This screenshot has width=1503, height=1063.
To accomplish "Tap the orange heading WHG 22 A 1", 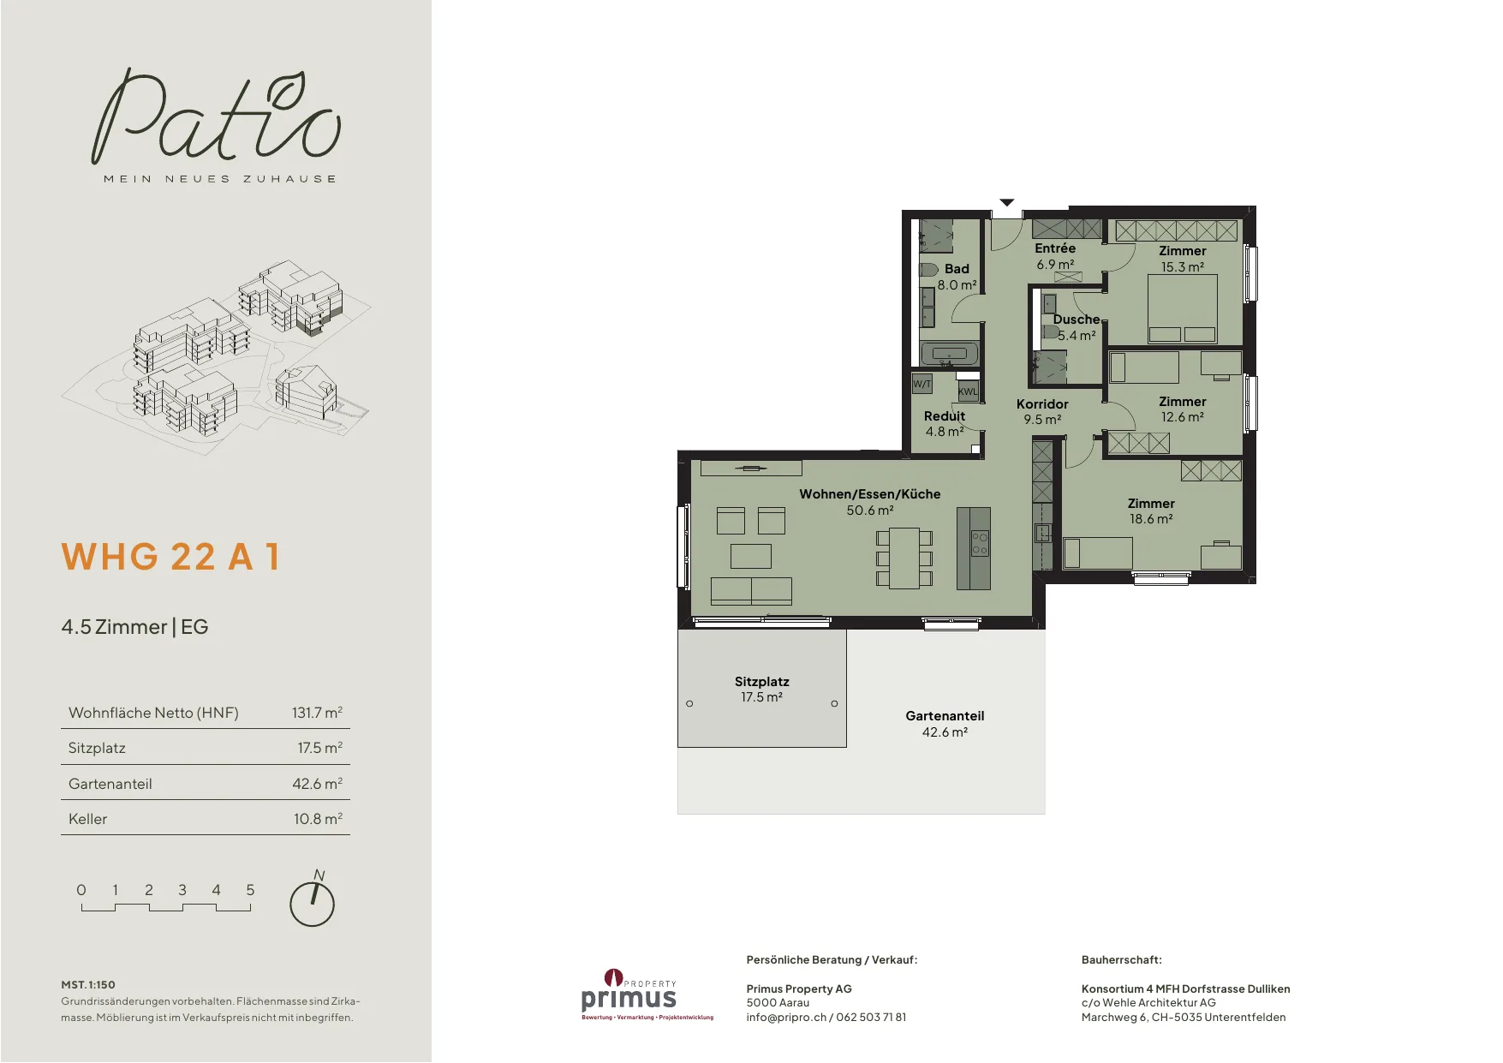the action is click(x=170, y=557).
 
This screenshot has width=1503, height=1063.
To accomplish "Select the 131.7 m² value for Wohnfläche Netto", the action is click(x=317, y=713).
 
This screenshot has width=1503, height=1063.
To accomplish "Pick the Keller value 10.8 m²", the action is click(x=318, y=819).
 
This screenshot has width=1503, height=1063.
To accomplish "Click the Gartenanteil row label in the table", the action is click(x=110, y=784).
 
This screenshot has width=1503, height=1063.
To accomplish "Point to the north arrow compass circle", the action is click(x=312, y=904).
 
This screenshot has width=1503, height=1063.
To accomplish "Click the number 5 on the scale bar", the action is click(x=250, y=890).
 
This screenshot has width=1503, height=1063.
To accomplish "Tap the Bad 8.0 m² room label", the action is click(x=957, y=277).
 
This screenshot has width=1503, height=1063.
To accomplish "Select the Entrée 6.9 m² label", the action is click(x=1055, y=256).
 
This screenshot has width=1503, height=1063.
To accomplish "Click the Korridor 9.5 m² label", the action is click(x=1042, y=412).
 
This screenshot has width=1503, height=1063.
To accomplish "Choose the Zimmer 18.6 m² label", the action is click(x=1151, y=511).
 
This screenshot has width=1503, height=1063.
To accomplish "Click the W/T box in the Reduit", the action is click(x=922, y=384).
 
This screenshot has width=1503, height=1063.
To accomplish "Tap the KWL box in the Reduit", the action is click(x=968, y=391).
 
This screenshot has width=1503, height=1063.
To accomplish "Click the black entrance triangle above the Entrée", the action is click(x=1007, y=203).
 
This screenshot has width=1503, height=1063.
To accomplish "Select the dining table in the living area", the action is click(x=904, y=558).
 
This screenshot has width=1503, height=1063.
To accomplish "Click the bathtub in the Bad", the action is click(x=949, y=354).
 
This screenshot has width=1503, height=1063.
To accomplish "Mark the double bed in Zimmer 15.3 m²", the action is click(x=1182, y=309).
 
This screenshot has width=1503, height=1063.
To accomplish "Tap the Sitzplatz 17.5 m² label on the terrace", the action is click(x=761, y=690).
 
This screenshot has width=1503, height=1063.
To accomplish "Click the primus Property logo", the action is click(x=647, y=994).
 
